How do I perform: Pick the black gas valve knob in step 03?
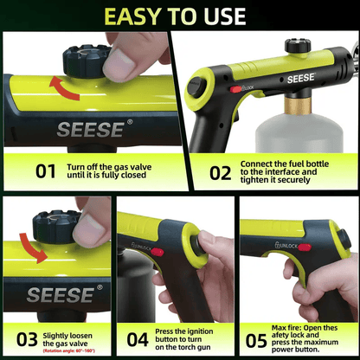coord(56,227)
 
